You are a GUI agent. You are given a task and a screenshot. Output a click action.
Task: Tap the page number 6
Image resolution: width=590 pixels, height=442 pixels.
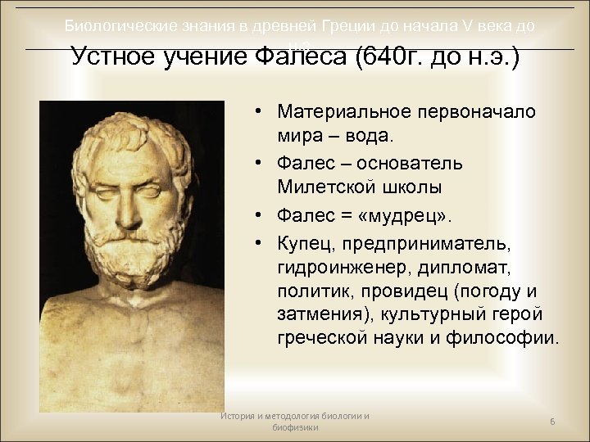[x=552, y=421]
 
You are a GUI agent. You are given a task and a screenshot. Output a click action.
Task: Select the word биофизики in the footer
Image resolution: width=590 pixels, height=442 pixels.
[x=295, y=427]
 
